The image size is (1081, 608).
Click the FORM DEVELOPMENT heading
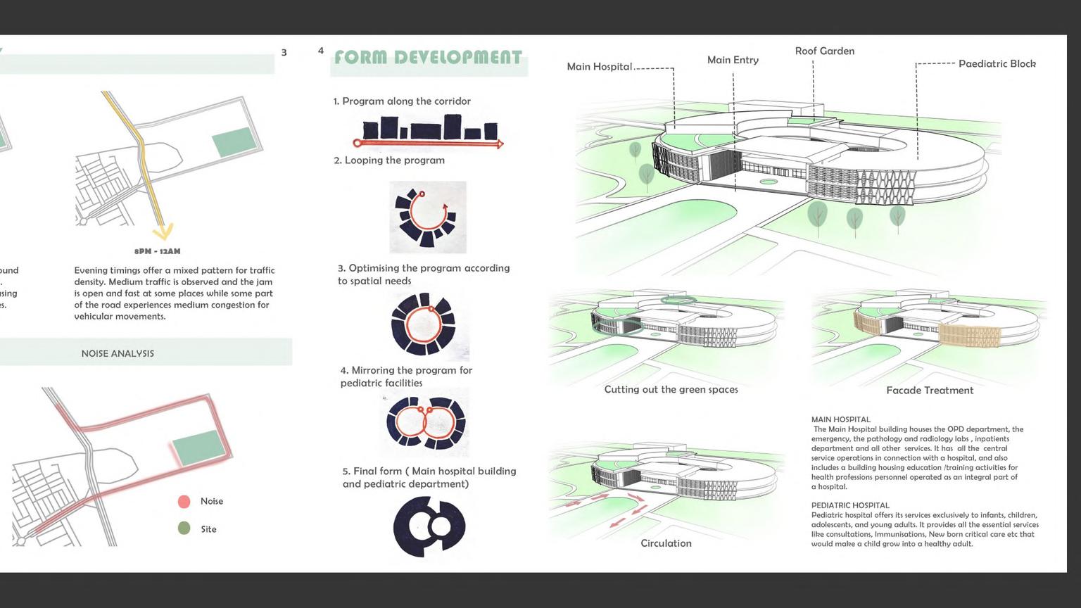(428, 58)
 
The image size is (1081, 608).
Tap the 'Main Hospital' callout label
(600, 67)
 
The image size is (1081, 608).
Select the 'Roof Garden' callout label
(825, 51)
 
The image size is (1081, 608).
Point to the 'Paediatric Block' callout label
(997, 64)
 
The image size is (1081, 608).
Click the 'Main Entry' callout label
(733, 61)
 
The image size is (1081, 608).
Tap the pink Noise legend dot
(184, 502)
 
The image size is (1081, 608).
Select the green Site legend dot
(184, 528)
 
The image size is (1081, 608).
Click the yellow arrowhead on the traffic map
(164, 232)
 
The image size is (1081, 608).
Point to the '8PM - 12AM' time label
(158, 251)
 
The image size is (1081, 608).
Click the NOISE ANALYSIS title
(118, 354)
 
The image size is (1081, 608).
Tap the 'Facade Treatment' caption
(930, 391)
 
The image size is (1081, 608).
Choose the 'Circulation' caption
(666, 543)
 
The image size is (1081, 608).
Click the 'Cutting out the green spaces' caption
(671, 390)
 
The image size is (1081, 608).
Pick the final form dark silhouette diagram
(429, 526)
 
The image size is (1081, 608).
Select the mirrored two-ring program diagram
(425, 422)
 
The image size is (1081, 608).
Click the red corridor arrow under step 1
(428, 144)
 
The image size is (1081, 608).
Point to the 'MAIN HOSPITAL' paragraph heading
(840, 419)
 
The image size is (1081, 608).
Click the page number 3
(284, 53)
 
